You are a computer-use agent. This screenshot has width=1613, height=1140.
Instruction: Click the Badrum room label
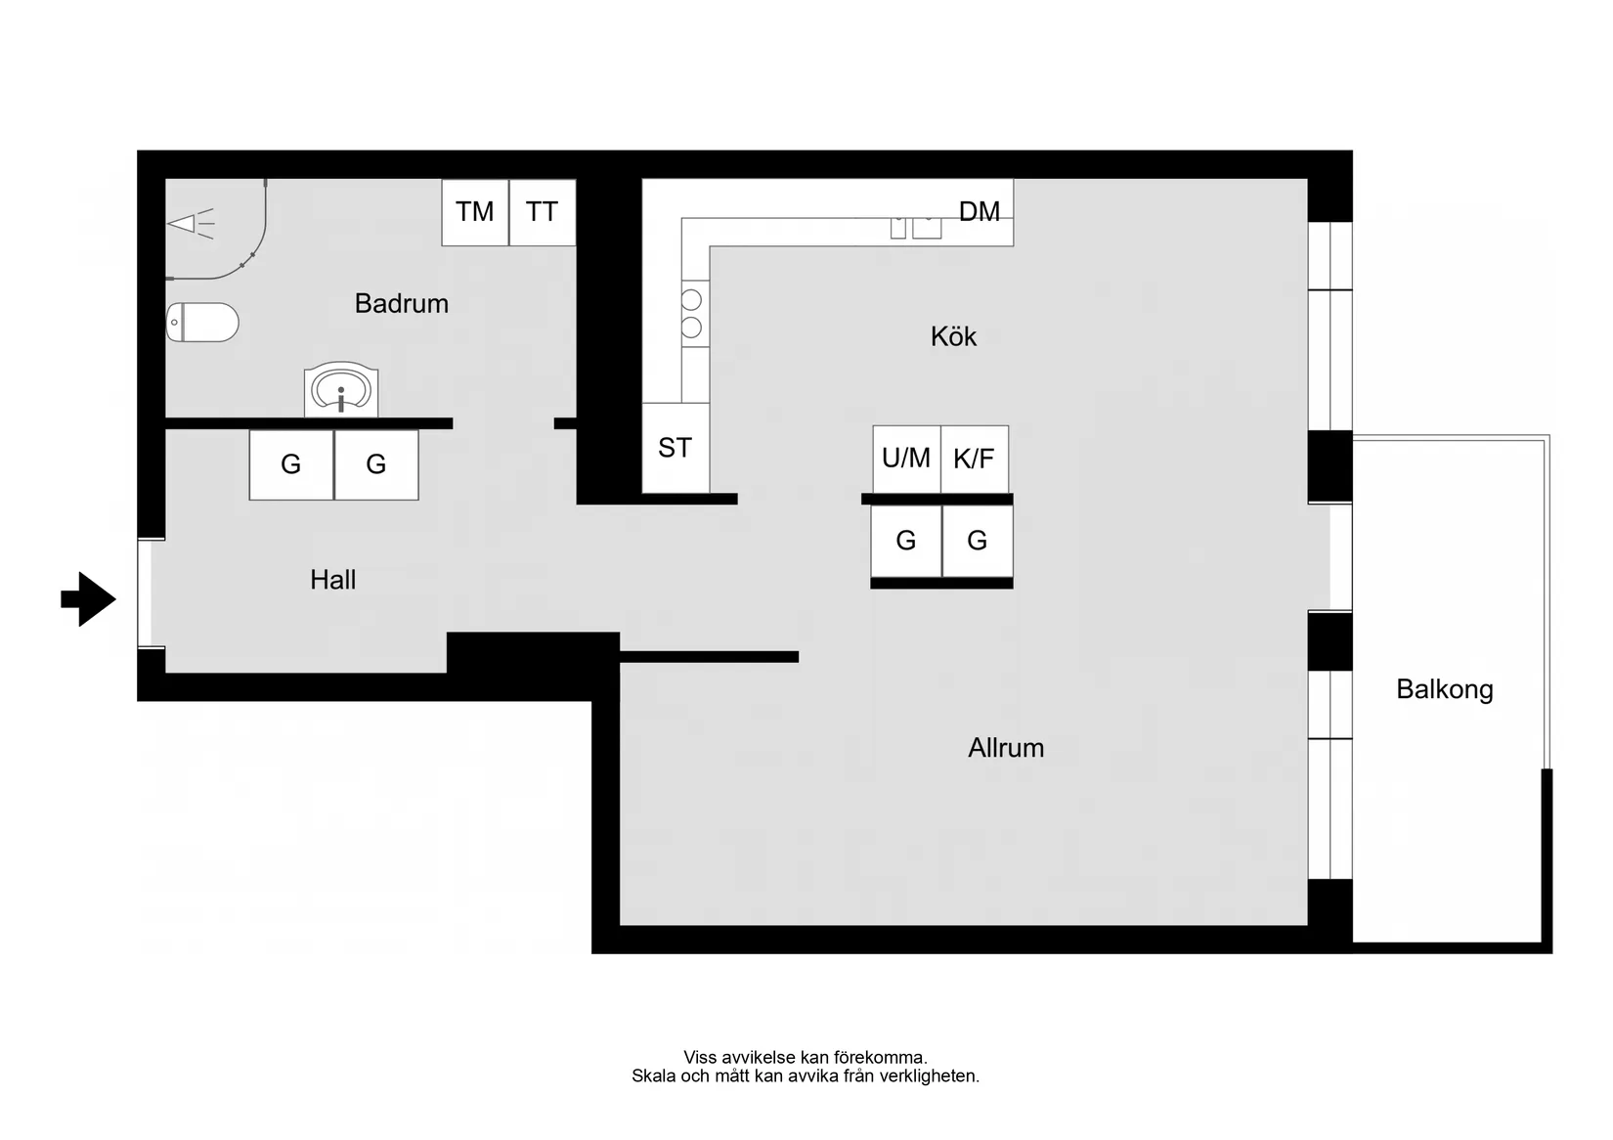401,303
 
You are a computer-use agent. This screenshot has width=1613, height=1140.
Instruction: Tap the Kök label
953,336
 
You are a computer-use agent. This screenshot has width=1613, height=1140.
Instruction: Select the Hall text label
332,580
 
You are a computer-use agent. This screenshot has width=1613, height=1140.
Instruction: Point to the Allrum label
1006,748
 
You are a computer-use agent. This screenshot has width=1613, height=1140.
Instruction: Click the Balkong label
1444,689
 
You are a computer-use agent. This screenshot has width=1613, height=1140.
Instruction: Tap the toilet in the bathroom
203,322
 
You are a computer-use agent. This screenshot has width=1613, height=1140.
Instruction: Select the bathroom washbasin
341,390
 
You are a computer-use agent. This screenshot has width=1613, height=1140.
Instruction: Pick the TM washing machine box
475,212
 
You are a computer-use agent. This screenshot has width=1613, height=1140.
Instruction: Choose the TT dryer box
542,212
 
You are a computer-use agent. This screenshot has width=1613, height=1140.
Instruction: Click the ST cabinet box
676,448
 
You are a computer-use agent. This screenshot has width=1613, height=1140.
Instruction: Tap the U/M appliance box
906,459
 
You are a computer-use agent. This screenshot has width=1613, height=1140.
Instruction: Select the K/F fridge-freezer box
974,459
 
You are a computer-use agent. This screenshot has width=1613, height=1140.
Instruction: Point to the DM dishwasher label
979,211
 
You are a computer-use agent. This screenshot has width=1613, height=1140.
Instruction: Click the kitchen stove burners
692,314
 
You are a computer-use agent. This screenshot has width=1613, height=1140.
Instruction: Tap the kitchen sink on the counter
916,228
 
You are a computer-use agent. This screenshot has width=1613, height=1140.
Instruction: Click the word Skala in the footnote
654,1076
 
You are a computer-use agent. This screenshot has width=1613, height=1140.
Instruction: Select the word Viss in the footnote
700,1057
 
